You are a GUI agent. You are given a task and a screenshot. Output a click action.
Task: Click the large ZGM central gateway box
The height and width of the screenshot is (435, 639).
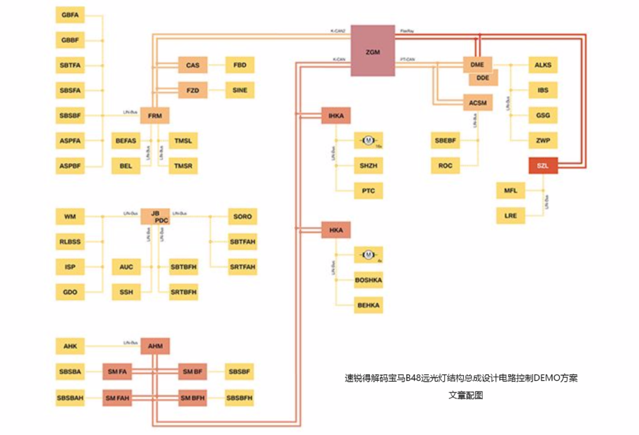tap(372, 50)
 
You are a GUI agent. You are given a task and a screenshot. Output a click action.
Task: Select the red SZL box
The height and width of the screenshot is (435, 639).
tap(543, 166)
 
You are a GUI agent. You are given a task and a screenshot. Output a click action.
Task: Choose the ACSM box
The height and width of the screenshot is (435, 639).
tap(477, 103)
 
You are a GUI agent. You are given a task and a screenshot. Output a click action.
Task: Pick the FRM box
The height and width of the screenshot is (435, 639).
tap(155, 115)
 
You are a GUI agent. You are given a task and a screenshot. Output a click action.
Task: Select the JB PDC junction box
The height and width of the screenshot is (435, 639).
tap(155, 217)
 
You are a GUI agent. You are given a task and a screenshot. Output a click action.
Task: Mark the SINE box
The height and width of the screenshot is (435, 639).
tap(240, 90)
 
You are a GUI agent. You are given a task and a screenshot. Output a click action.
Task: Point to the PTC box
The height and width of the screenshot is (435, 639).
tap(368, 191)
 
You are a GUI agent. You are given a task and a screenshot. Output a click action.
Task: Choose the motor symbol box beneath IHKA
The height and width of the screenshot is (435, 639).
tap(368, 141)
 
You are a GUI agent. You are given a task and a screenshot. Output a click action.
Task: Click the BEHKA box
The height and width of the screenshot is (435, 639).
tap(368, 305)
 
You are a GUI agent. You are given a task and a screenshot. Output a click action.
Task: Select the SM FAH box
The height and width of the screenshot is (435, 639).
tap(117, 398)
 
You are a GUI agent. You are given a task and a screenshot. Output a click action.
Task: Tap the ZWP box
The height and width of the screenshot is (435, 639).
tap(543, 141)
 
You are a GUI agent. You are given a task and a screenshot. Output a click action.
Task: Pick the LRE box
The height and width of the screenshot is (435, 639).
tap(511, 216)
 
